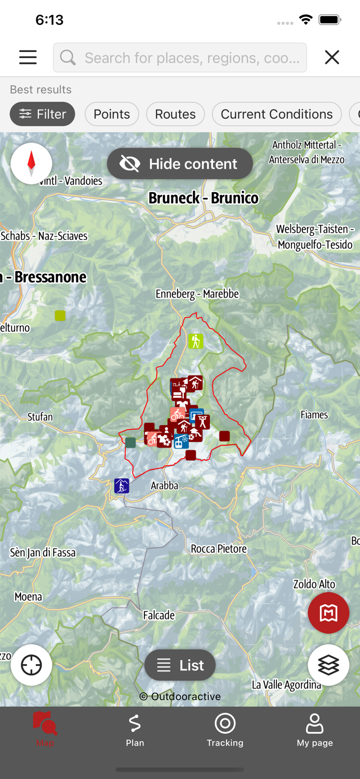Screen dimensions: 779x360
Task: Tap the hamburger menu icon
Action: click(x=28, y=57)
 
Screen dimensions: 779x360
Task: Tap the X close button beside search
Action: click(x=332, y=57)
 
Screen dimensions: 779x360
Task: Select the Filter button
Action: click(x=43, y=114)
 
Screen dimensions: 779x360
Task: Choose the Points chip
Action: click(x=112, y=114)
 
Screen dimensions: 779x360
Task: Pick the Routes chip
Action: click(x=175, y=114)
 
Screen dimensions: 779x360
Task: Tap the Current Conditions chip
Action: click(x=276, y=114)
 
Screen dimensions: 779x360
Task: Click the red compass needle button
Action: click(x=31, y=163)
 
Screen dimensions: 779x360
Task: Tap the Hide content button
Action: click(x=180, y=164)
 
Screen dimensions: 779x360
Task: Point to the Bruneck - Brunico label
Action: click(x=203, y=198)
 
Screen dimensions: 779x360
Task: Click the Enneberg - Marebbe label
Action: click(x=197, y=294)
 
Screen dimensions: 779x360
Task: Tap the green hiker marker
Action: click(x=196, y=341)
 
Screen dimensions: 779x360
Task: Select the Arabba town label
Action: click(x=164, y=486)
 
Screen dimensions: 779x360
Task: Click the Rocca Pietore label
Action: click(x=219, y=548)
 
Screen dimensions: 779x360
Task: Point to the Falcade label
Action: click(x=159, y=615)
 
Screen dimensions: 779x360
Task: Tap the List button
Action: click(x=180, y=665)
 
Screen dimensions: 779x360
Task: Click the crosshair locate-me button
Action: click(x=31, y=665)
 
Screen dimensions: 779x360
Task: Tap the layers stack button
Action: click(x=328, y=665)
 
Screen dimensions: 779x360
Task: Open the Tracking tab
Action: click(x=225, y=730)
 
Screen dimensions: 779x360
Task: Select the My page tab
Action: click(x=315, y=730)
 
